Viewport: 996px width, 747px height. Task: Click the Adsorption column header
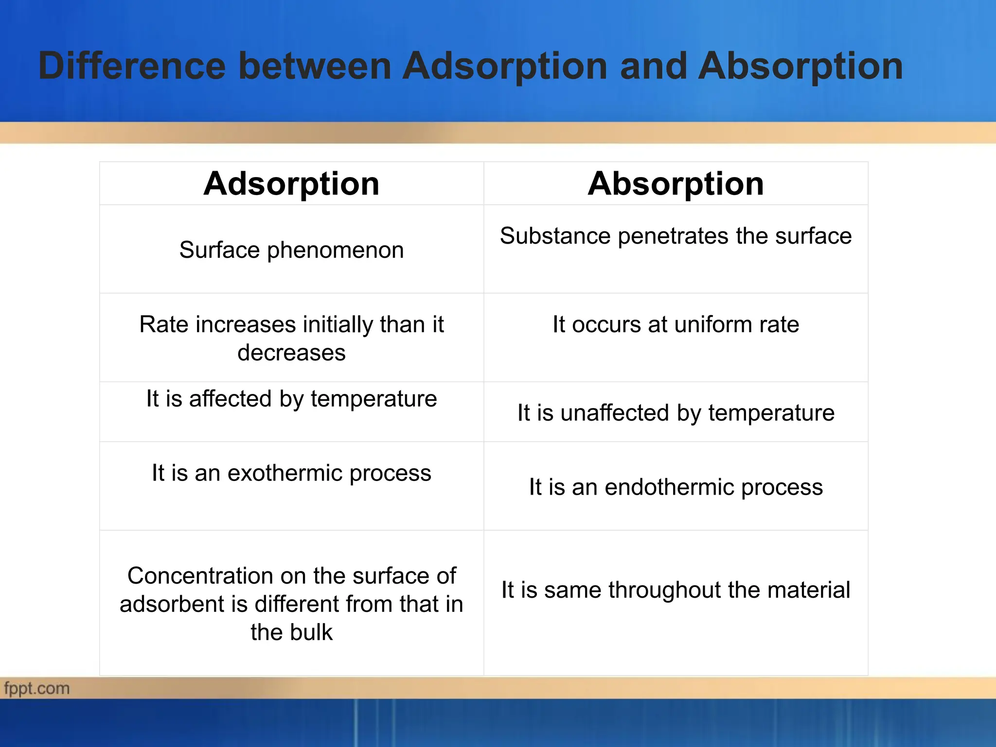tap(291, 184)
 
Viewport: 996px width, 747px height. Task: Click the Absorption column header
tap(676, 184)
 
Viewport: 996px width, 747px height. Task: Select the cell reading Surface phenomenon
tap(291, 250)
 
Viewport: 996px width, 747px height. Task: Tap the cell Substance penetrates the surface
tap(676, 236)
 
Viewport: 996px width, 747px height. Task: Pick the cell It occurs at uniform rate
tap(676, 324)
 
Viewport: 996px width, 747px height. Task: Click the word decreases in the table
tap(291, 353)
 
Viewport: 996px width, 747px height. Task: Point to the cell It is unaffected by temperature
tap(676, 413)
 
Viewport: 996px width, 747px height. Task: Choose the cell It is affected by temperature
tap(291, 399)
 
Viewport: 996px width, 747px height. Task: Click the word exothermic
tap(285, 473)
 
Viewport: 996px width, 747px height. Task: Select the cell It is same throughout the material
tap(676, 590)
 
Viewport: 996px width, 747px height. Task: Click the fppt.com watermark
tap(36, 689)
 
